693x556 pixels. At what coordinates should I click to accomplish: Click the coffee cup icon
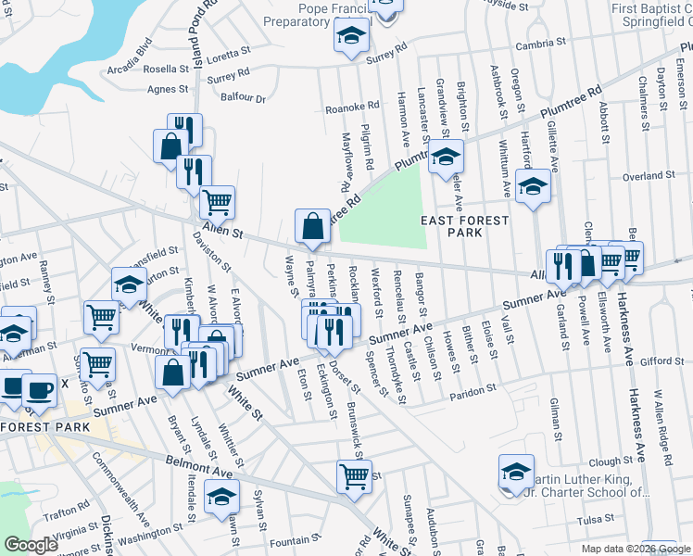pos(39,389)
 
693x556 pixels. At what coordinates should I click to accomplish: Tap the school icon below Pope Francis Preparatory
pos(351,38)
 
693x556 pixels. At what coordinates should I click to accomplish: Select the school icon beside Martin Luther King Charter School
pos(516,474)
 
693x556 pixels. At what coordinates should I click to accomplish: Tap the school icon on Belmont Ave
pos(221,497)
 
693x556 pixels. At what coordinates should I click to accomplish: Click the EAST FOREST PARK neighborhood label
pos(465,226)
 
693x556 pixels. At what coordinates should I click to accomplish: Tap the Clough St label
pos(610,461)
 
